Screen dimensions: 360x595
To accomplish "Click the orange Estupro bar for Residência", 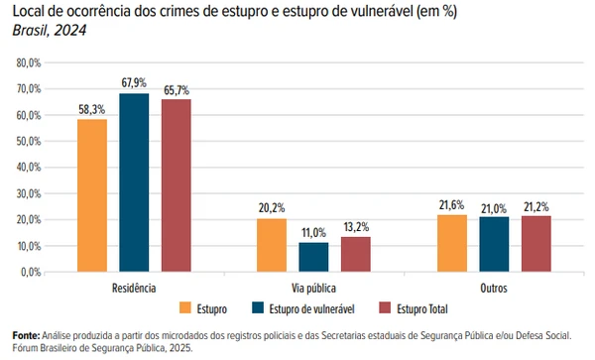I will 92,194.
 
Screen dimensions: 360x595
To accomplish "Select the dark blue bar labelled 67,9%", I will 134,182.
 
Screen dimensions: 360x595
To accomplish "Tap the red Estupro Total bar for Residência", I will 176,185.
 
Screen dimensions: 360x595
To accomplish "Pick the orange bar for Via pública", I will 272,244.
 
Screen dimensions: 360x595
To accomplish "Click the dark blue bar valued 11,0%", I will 313,256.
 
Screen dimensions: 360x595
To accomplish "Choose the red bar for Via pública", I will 355,253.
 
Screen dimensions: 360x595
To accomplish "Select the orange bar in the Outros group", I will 451,242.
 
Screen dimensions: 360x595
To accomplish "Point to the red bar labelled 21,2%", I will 535,243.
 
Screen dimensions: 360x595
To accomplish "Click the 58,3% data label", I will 92,109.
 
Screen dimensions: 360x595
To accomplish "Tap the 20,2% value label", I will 272,208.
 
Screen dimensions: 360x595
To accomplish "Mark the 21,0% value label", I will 493,208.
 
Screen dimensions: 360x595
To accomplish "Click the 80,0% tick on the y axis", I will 28,62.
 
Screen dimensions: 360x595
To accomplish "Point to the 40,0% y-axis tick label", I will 28,167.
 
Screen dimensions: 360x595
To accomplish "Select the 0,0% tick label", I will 30,271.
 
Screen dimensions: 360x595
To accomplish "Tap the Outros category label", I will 493,288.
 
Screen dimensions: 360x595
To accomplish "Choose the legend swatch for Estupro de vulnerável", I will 260,307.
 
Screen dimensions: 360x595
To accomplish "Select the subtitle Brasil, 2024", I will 47,31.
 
